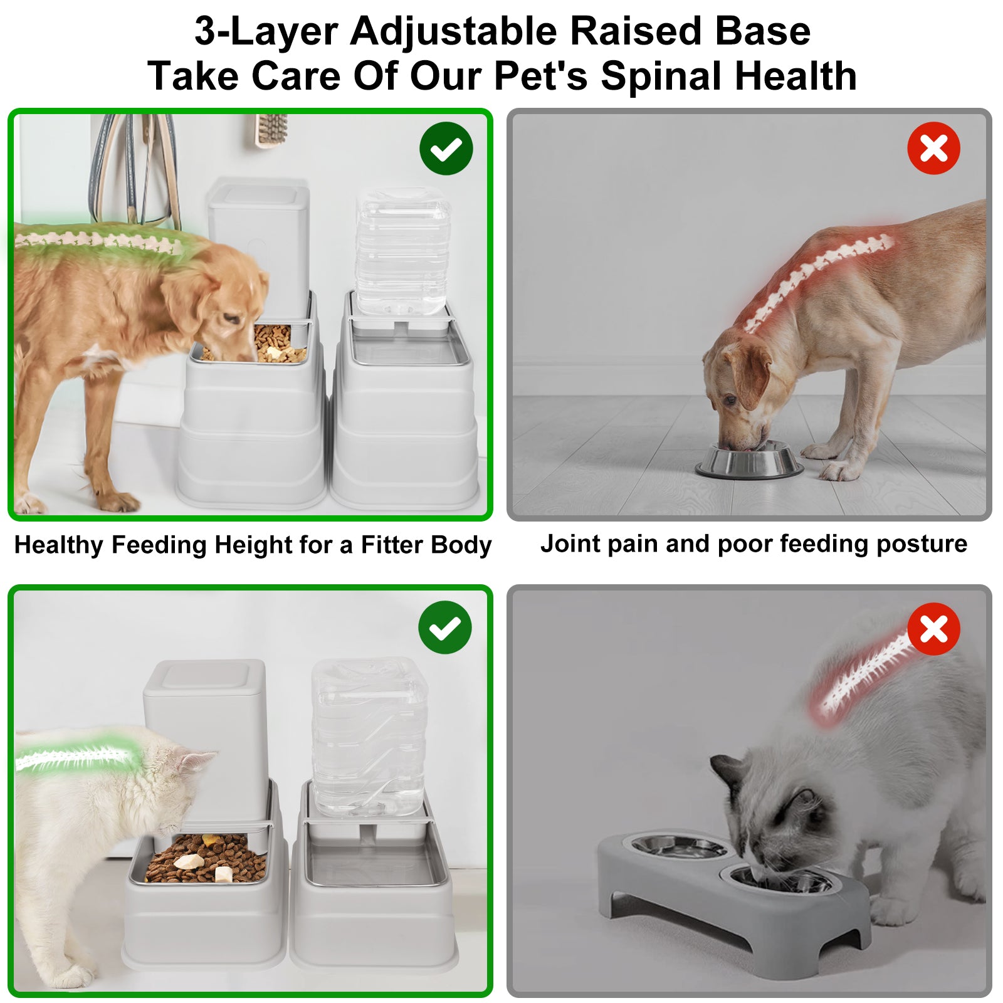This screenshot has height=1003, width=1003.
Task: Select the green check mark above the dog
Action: (x=446, y=149)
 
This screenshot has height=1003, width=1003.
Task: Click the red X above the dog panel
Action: (x=933, y=149)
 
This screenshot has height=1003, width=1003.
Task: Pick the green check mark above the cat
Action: (x=445, y=628)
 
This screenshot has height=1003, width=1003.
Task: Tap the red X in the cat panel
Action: (x=933, y=629)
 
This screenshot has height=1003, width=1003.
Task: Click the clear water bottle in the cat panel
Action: (x=369, y=737)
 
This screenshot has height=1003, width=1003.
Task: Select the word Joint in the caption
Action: (x=570, y=544)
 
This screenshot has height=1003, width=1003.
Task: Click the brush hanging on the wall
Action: (x=271, y=130)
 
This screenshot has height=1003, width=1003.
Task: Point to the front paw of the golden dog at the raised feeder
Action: (x=119, y=500)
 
